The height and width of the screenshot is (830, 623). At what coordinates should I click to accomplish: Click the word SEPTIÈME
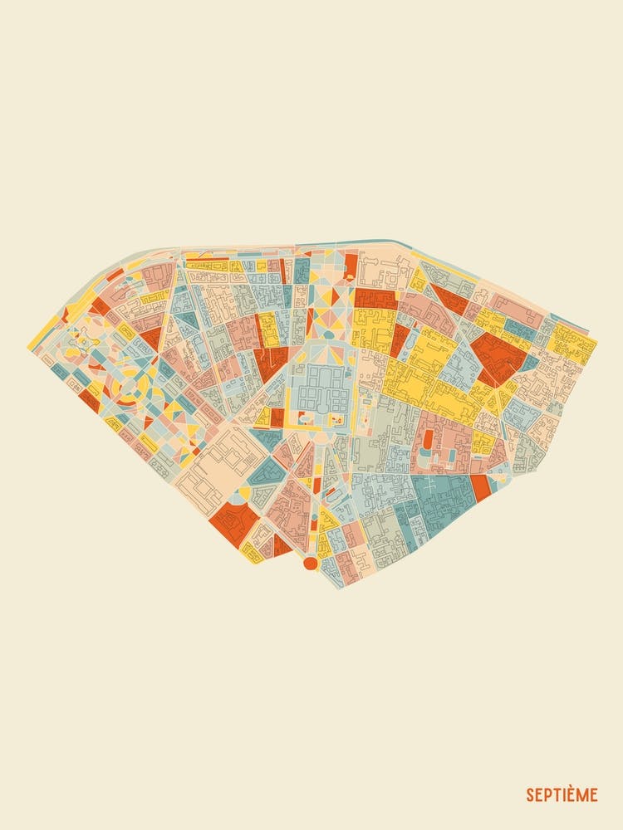tap(561, 795)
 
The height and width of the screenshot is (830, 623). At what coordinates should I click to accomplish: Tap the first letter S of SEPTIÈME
tap(530, 795)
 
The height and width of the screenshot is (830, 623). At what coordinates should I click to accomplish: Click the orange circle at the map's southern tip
tap(311, 564)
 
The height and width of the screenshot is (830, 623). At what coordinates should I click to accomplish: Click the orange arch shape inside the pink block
tap(427, 437)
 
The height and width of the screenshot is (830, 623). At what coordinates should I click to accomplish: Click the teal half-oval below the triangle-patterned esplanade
tap(328, 334)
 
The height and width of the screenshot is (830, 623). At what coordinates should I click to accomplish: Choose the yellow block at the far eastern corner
tap(576, 343)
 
